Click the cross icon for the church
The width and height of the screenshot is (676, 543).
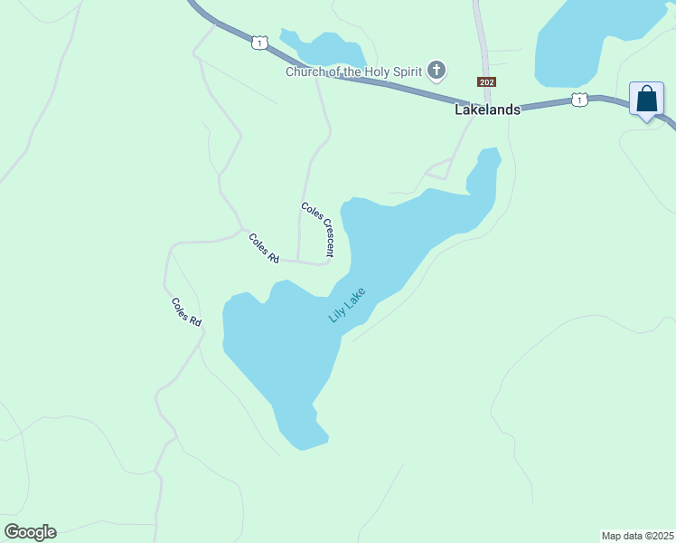pos(437,71)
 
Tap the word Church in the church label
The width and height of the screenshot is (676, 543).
pos(305,71)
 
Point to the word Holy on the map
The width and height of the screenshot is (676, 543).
pos(371,71)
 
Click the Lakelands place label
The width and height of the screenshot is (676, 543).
pos(487,110)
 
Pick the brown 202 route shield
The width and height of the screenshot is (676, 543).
pos(487,81)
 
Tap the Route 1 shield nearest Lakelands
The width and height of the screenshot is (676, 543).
pos(579,99)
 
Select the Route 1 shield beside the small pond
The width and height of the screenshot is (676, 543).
pos(260,43)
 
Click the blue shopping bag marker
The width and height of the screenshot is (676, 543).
pos(647,99)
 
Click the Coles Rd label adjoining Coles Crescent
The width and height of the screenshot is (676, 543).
pos(264,248)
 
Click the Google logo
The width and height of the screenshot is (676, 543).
pos(30,532)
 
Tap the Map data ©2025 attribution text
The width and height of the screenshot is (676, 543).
pos(637,535)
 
